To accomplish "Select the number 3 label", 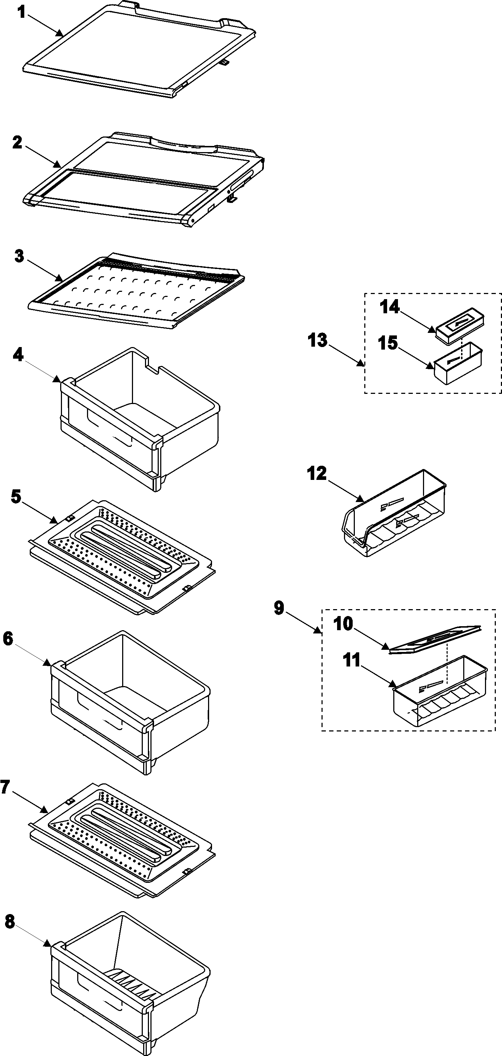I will (19, 256).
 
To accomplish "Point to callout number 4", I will (18, 355).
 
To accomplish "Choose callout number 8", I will (10, 922).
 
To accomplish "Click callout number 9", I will (279, 608).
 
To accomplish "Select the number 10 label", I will (343, 624).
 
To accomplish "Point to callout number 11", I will (352, 661).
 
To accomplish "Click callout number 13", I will (318, 340).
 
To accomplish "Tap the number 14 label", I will (390, 307).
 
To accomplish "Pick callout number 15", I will (388, 343).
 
